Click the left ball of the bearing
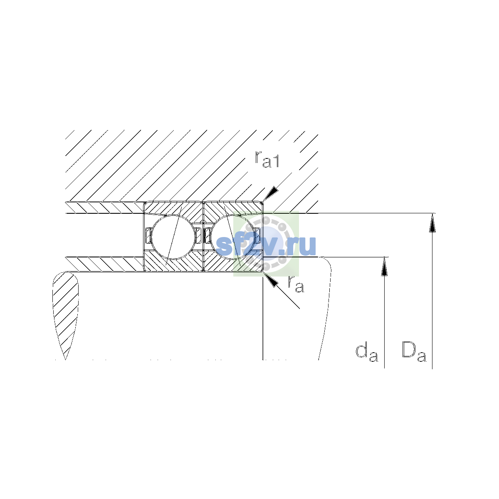173,237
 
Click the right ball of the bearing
232,237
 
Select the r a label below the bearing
296,284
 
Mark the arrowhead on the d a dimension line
384,267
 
